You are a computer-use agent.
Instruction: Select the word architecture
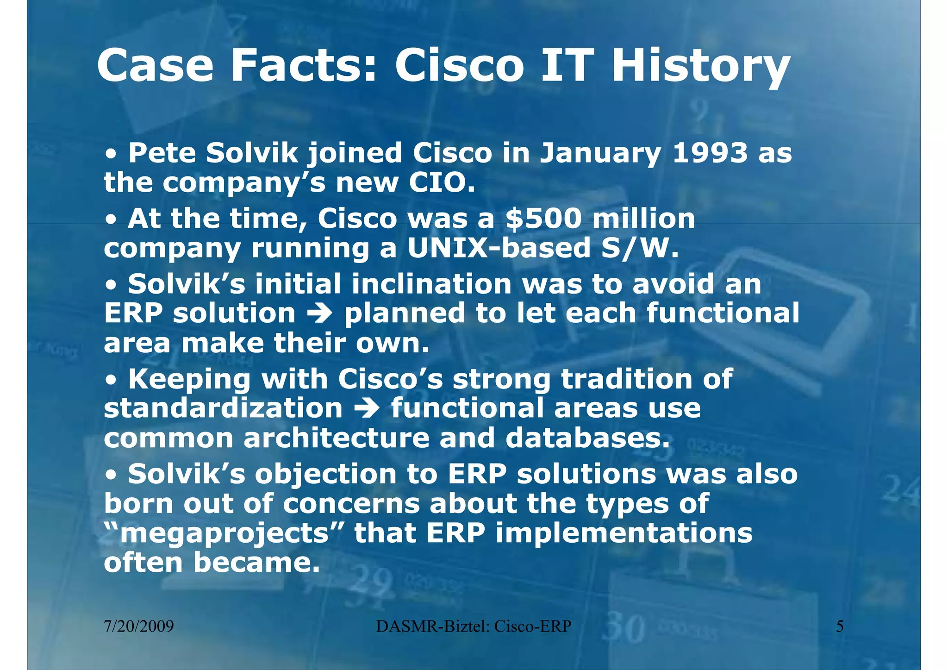click(337, 438)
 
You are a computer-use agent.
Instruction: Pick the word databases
click(587, 438)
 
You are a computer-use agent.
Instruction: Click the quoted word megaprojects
click(224, 533)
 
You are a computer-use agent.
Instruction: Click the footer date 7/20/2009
click(139, 626)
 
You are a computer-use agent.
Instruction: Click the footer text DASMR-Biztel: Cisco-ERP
click(474, 626)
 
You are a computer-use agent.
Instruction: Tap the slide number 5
click(840, 626)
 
